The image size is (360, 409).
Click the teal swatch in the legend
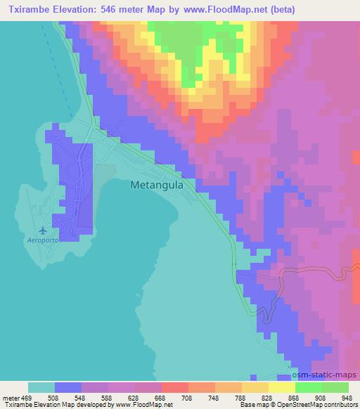coord(41,388)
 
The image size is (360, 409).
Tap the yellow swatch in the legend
coord(281,388)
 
